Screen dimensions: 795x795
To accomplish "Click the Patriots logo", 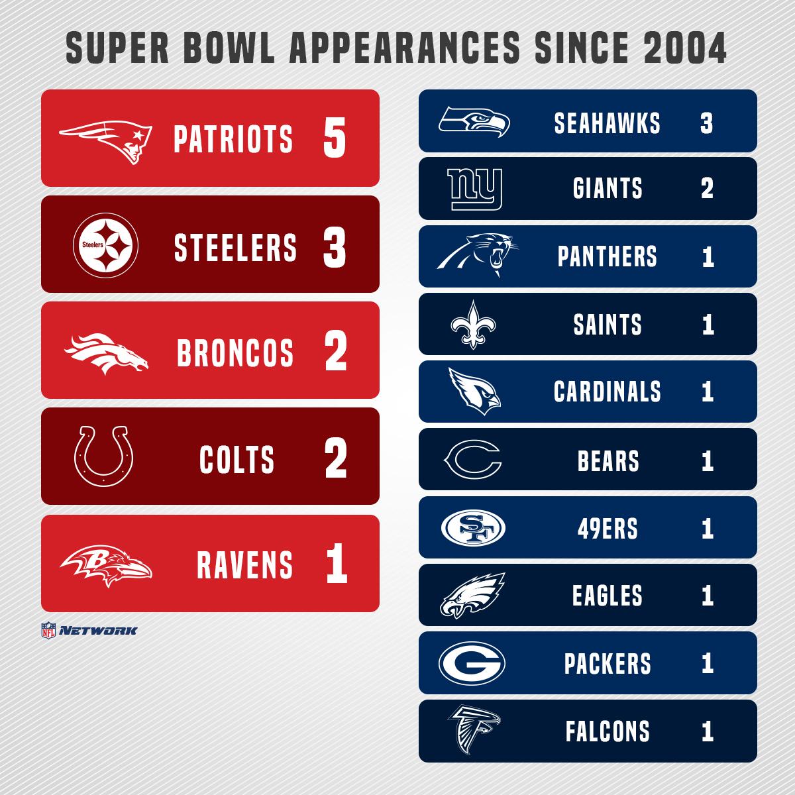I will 106,139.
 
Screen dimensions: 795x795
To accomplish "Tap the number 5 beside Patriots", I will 335,139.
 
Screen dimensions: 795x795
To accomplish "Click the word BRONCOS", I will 235,352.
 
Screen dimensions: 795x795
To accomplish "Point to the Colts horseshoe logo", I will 105,456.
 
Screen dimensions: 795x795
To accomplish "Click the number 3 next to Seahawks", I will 706,123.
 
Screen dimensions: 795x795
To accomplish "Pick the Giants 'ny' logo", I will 475,189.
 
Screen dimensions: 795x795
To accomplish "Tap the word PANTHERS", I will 607,257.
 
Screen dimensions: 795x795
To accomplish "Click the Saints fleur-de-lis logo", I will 474,325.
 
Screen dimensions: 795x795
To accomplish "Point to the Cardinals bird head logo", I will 474,391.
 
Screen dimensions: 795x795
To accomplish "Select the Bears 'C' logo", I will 473,460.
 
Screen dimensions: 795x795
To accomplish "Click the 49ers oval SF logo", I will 473,528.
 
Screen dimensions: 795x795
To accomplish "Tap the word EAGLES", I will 607,596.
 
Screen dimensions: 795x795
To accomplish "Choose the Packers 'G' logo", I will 472,663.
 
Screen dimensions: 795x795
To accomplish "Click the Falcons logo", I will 473,731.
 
